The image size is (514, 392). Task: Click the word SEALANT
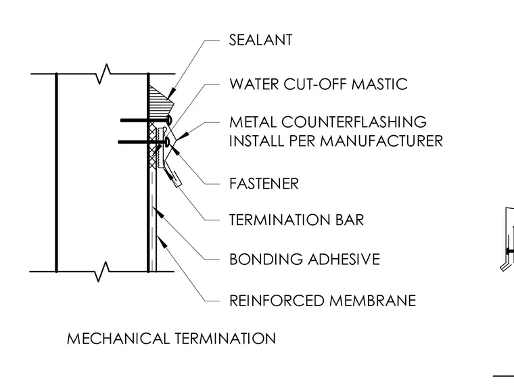260,40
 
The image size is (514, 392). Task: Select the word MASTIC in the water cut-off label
379,84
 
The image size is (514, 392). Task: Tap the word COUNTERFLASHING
354,122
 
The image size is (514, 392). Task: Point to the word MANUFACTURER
381,141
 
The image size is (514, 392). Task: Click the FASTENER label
264,184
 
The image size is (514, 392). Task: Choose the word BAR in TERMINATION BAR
350,220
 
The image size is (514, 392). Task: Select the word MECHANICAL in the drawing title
118,339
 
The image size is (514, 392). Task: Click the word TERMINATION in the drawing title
225,339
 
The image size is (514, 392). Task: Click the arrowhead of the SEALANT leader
170,95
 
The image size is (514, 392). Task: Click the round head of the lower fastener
168,142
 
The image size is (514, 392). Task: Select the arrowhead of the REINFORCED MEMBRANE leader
162,241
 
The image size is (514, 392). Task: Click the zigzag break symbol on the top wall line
103,74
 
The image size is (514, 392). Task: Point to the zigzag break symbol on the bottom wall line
102,271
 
